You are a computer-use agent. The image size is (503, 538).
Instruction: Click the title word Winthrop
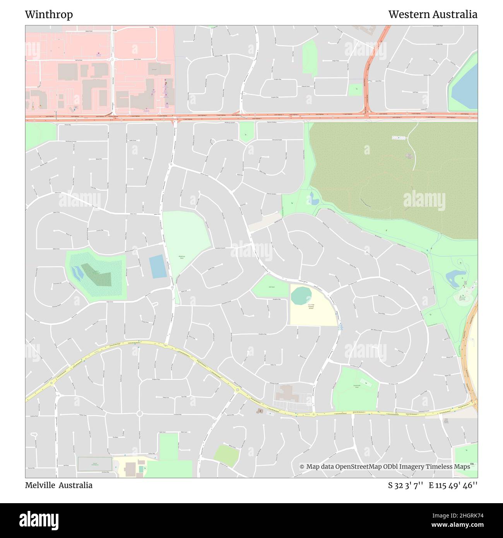[49, 15]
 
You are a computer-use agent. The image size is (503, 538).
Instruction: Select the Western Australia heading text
[433, 15]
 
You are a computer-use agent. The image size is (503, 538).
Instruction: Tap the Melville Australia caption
[58, 485]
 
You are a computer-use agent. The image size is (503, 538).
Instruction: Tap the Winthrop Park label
[181, 257]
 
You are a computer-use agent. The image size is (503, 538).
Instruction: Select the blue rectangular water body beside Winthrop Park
[158, 267]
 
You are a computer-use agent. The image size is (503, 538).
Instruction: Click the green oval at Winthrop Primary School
[301, 296]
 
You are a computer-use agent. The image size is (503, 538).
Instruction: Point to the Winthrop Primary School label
[311, 307]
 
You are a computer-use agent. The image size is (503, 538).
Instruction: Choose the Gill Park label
[272, 287]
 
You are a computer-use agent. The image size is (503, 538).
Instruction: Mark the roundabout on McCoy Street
[113, 60]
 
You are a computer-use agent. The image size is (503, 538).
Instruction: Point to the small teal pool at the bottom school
[141, 469]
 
